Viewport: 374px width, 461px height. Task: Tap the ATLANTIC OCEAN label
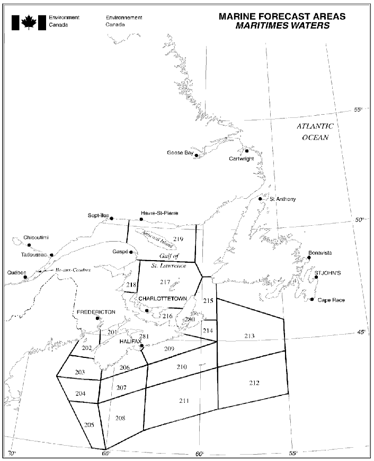(x=315, y=132)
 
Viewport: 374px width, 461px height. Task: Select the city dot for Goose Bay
(x=197, y=156)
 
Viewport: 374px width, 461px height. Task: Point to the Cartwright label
(x=243, y=159)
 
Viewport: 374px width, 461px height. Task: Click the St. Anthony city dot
(x=260, y=199)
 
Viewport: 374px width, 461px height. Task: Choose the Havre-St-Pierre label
(x=159, y=213)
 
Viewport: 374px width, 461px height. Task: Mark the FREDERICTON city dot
(x=97, y=318)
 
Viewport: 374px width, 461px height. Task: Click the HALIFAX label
(x=130, y=342)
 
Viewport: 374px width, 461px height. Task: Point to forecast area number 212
(x=254, y=383)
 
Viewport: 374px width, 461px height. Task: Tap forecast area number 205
(x=88, y=425)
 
